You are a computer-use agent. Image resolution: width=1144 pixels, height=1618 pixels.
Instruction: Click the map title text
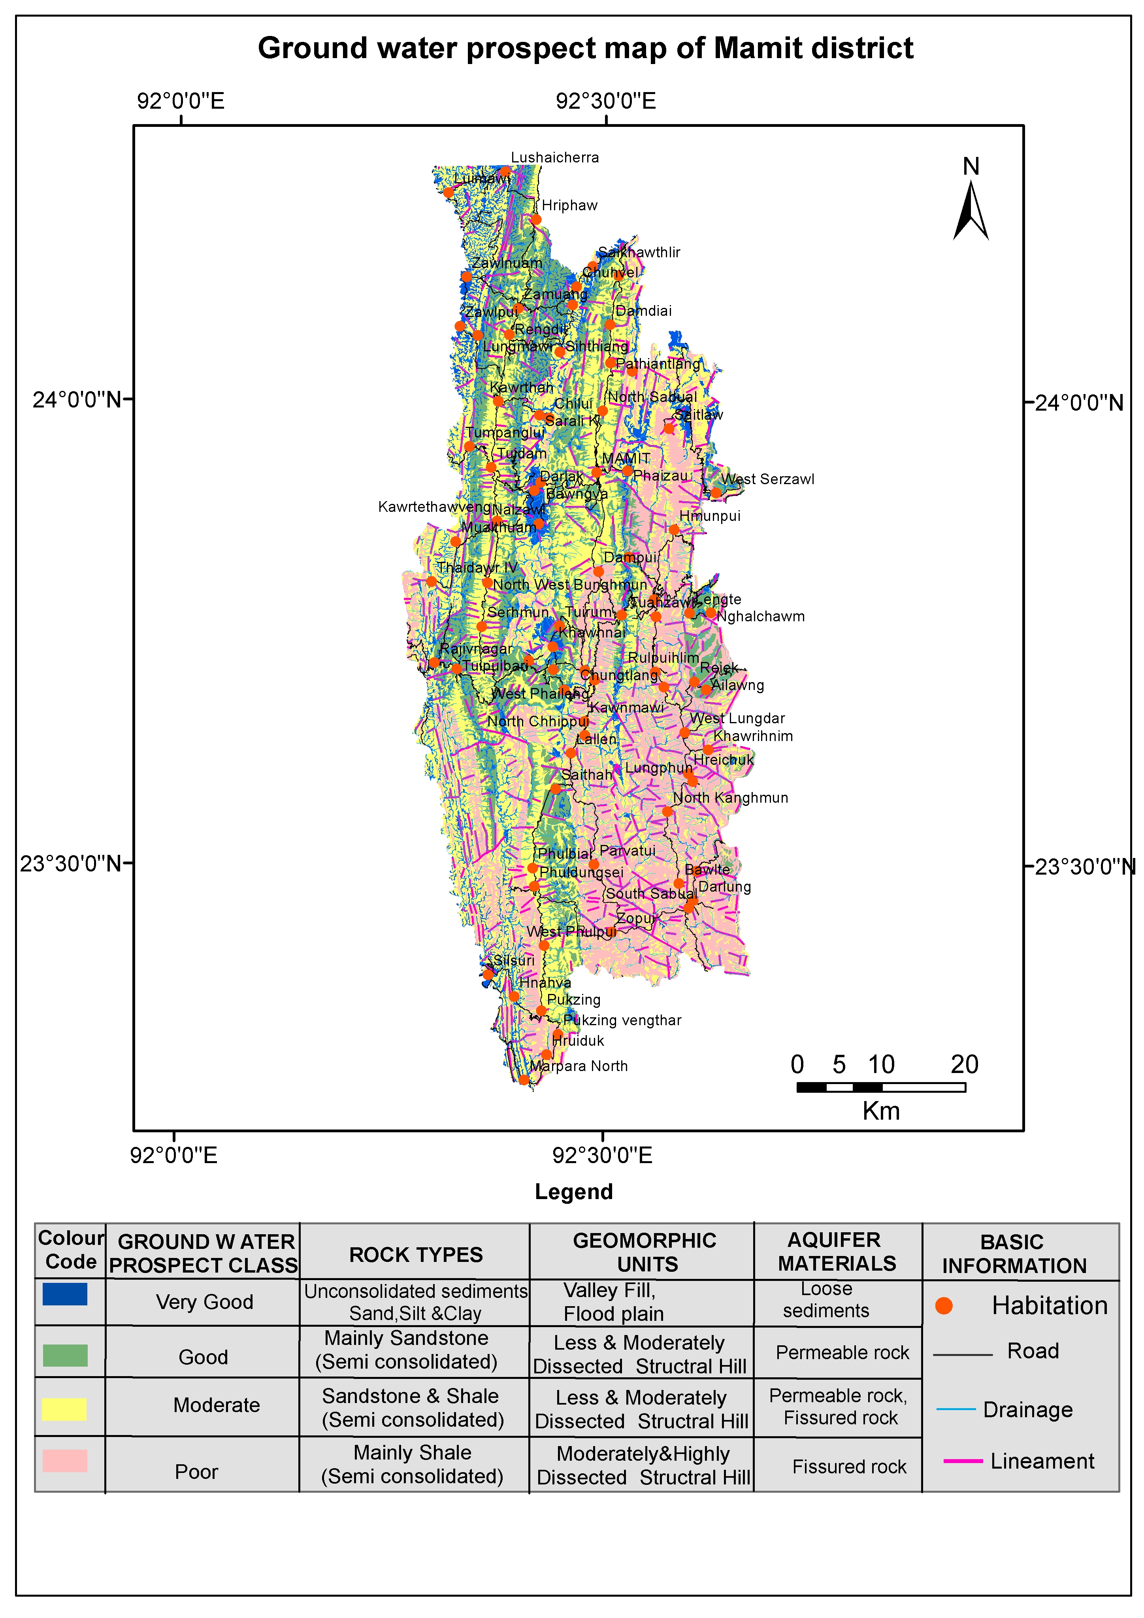click(x=585, y=49)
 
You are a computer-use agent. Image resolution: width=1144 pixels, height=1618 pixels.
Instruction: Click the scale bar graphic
click(x=880, y=1087)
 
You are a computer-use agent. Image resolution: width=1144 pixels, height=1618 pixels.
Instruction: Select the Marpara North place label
click(x=579, y=1066)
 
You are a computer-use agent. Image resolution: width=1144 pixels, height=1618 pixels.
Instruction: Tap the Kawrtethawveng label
click(x=434, y=507)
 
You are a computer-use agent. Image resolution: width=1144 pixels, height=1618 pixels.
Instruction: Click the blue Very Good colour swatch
click(x=65, y=1294)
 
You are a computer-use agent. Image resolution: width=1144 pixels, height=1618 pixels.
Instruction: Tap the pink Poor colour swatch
click(x=65, y=1460)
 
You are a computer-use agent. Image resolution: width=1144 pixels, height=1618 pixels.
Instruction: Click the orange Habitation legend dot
click(x=944, y=1306)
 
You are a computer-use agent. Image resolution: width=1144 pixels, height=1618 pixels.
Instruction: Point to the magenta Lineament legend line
click(x=963, y=1461)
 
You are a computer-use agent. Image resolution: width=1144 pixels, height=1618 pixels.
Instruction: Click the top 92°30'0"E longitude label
click(x=606, y=101)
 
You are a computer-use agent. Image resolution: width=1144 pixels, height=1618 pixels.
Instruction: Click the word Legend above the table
click(x=573, y=1192)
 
